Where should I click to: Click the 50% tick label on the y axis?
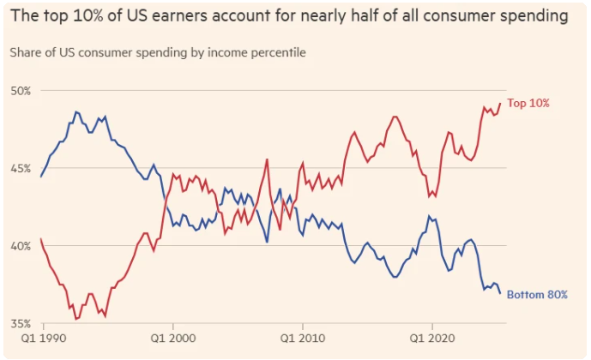[x=21, y=91]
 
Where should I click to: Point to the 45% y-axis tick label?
[x=21, y=168]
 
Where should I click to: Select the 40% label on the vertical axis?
[x=21, y=246]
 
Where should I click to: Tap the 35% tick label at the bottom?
[x=21, y=323]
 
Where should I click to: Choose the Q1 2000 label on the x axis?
[x=173, y=339]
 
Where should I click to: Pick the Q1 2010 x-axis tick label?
[x=302, y=339]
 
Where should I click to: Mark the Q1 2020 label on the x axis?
[x=431, y=339]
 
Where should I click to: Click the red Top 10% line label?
[x=528, y=104]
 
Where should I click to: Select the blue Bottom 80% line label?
[x=538, y=296]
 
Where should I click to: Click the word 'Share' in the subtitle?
[x=27, y=52]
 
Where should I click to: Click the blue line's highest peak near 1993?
[x=75, y=111]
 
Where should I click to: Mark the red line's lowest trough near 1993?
[x=76, y=319]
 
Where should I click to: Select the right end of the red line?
[x=500, y=104]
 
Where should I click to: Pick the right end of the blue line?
[x=500, y=293]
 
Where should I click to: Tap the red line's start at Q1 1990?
[x=40, y=238]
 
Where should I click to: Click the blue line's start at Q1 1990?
[x=40, y=176]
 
